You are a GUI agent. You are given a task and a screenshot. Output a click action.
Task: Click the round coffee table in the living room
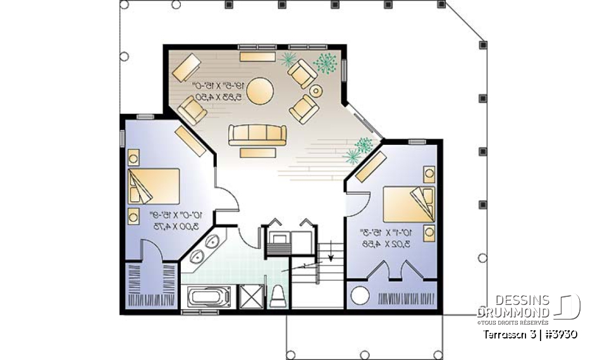[x=259, y=90]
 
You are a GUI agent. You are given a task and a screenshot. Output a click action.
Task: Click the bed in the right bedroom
[x=408, y=204]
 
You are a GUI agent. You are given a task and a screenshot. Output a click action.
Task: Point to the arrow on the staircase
[x=330, y=254]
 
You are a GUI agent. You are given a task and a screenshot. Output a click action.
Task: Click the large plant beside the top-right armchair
[x=324, y=63]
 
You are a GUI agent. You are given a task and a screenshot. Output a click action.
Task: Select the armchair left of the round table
[x=192, y=109]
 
